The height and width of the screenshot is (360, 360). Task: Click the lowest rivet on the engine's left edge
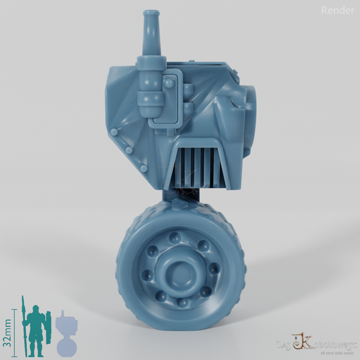(143, 170)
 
